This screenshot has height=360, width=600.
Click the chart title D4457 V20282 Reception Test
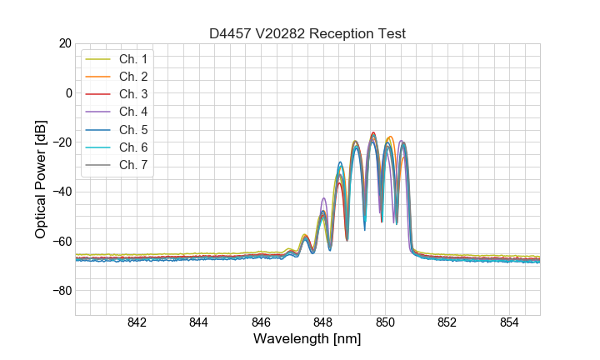tap(307, 34)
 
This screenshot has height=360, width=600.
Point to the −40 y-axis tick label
tap(62, 192)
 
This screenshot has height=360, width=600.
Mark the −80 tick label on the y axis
tap(62, 291)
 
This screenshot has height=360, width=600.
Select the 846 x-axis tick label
tap(261, 323)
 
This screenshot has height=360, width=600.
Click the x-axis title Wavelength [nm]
tap(307, 340)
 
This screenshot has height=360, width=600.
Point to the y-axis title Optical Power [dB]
tap(40, 178)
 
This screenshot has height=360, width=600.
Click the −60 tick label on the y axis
tap(62, 242)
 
